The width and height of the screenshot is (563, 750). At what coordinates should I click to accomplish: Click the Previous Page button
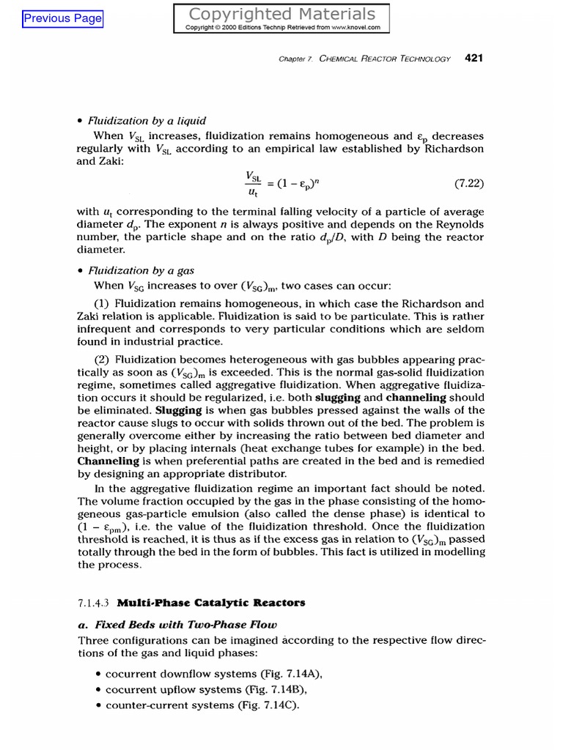pyautogui.click(x=63, y=19)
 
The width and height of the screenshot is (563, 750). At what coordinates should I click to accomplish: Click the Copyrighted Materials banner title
pyautogui.click(x=282, y=14)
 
